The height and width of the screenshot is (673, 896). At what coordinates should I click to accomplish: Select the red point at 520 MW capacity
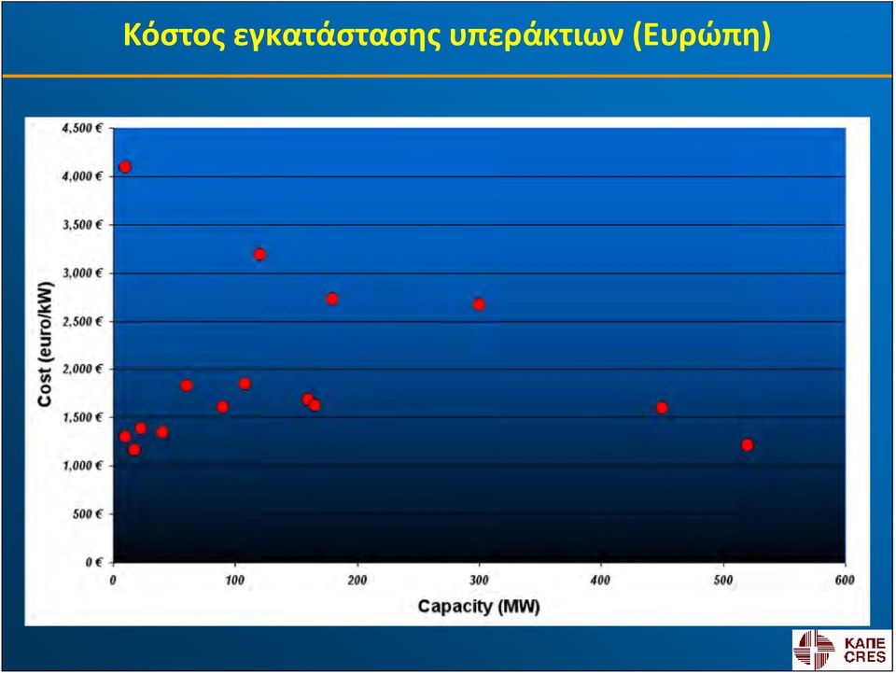[x=747, y=444]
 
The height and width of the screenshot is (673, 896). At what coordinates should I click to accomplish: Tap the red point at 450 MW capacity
[x=662, y=407]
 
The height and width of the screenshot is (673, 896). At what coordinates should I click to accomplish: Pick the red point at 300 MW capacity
[x=479, y=304]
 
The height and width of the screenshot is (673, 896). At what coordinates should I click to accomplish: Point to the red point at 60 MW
[x=187, y=386]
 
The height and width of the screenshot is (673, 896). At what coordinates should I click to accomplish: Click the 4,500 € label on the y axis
[x=82, y=128]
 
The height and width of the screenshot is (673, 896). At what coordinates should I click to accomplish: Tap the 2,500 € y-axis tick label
[x=82, y=321]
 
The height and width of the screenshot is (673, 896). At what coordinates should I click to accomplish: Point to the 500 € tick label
[x=88, y=514]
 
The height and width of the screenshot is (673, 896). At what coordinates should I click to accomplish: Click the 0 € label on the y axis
[x=94, y=562]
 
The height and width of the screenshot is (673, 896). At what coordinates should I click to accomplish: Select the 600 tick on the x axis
[x=845, y=580]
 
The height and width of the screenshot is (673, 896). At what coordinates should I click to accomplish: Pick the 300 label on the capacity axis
[x=479, y=580]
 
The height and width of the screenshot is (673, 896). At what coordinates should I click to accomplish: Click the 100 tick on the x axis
[x=235, y=580]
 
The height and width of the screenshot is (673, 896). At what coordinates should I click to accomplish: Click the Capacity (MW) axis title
[x=479, y=606]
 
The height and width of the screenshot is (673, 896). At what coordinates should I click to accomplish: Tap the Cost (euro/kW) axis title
[x=45, y=344]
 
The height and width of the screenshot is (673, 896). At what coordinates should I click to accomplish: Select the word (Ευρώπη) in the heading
[x=702, y=36]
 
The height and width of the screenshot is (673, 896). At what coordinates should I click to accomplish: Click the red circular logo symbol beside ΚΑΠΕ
[x=814, y=649]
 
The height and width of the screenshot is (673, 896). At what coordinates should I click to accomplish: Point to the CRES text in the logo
[x=864, y=657]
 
